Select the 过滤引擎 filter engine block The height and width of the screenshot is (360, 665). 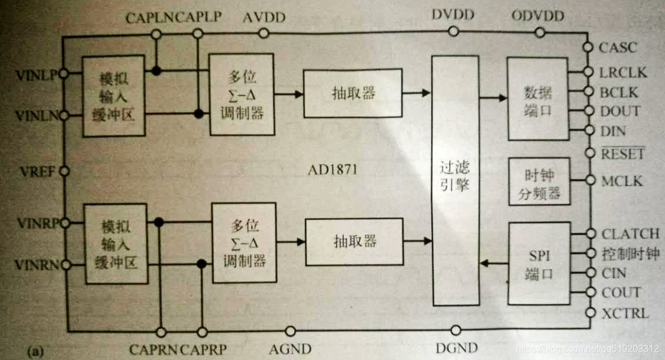pyautogui.click(x=455, y=181)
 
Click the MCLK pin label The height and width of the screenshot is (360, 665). pyautogui.click(x=622, y=181)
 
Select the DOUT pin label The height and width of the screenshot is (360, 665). pyautogui.click(x=620, y=111)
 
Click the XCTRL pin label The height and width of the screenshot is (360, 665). pyautogui.click(x=625, y=313)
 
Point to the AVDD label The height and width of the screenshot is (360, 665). pyautogui.click(x=264, y=17)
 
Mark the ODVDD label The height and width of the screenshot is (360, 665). pyautogui.click(x=537, y=16)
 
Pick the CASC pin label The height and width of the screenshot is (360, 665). pyautogui.click(x=618, y=47)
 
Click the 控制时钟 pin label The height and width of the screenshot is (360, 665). pyautogui.click(x=630, y=254)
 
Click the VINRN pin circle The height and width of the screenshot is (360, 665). pyautogui.click(x=64, y=265)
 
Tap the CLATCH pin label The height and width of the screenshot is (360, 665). pyautogui.click(x=630, y=234)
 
